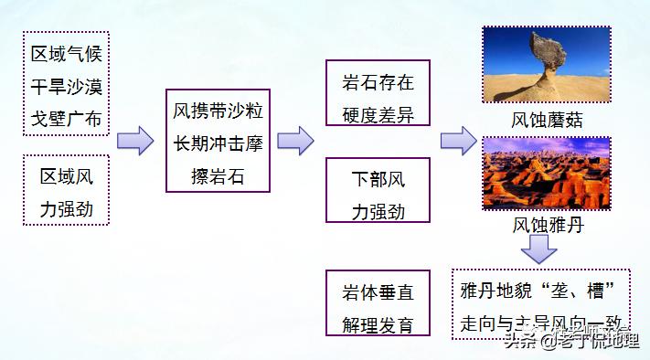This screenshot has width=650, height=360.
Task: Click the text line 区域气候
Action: pos(67,53)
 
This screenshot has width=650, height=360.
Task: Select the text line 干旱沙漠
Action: pos(67,86)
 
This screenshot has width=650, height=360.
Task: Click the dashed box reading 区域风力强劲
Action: pos(67,190)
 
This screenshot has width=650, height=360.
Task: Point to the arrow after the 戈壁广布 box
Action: pos(134,142)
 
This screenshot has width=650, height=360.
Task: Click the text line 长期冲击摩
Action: pos(218,142)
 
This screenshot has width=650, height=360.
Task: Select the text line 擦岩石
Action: pos(218,174)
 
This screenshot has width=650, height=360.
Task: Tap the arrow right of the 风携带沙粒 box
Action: pos(295,142)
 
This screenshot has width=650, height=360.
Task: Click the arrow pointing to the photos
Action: pos(457,142)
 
